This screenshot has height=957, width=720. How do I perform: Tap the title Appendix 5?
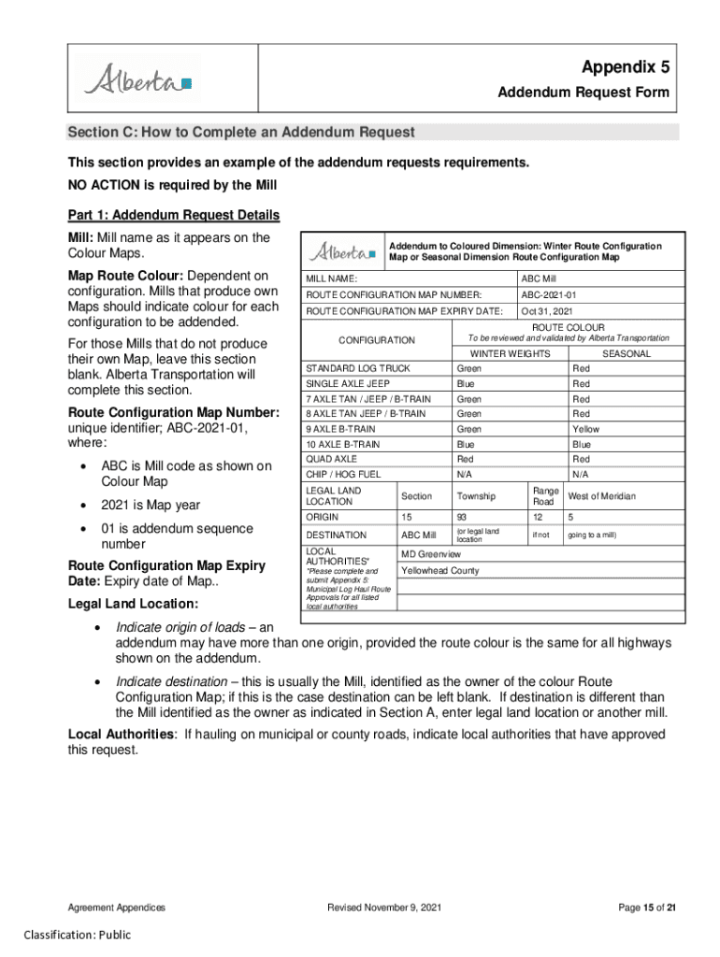point(625,66)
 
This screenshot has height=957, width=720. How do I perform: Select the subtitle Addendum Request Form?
point(583,93)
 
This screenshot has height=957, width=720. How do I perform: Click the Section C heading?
point(240,133)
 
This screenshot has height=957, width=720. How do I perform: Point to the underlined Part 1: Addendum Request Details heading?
point(173,216)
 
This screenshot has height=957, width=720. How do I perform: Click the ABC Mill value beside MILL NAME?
point(539,279)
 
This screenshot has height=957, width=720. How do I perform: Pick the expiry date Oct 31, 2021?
point(547,311)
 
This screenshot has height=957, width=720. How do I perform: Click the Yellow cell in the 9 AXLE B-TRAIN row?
point(586,429)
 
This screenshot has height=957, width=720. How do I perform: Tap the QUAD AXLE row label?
point(332,459)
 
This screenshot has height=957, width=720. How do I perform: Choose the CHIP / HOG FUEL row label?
point(343,474)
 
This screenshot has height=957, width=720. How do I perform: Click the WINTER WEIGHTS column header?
point(510,354)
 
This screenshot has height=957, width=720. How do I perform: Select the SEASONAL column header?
point(626,354)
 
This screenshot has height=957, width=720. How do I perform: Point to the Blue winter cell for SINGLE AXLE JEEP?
point(466,384)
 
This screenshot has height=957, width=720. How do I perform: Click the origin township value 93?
point(462,517)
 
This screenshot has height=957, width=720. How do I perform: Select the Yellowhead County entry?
point(439,570)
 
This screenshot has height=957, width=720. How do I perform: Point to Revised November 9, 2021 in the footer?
point(384,907)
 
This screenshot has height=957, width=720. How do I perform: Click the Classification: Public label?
point(78,936)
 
